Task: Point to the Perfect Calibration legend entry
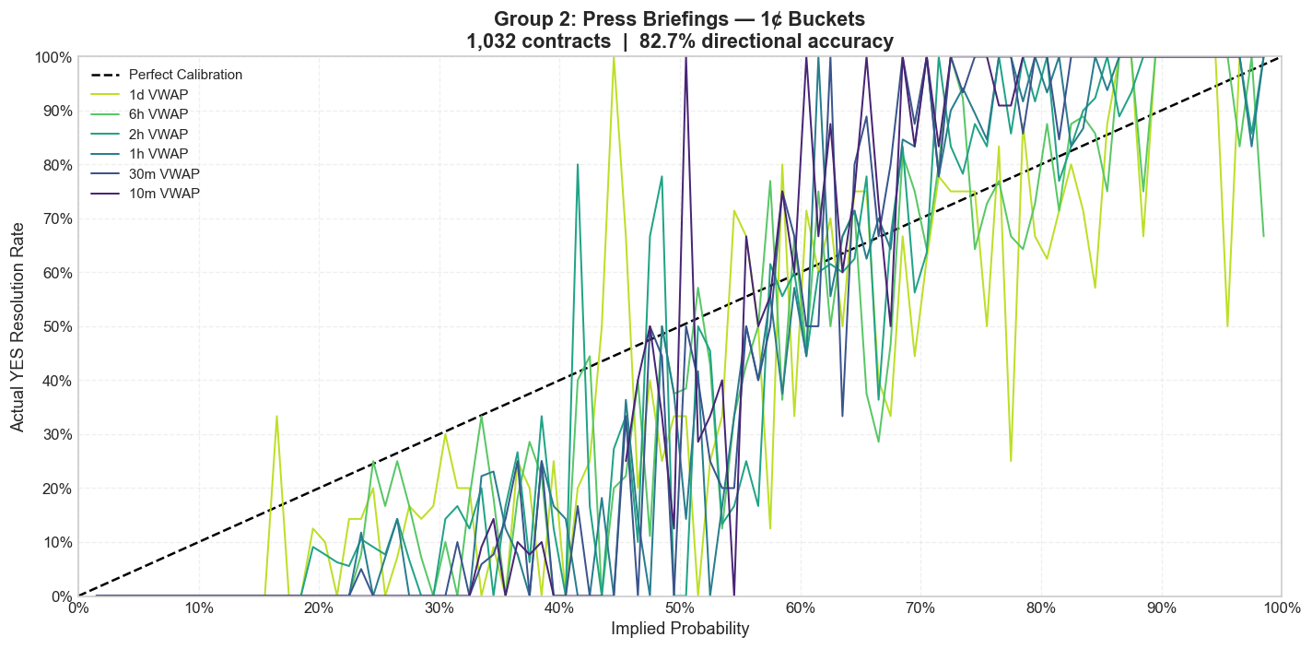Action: tap(185, 75)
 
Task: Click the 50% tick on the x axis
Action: tap(680, 608)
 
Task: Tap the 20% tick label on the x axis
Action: tap(319, 608)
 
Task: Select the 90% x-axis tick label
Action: tap(1161, 608)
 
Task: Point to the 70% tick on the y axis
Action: tap(53, 218)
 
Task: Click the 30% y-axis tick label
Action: tap(53, 434)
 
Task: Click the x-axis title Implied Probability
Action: tap(680, 630)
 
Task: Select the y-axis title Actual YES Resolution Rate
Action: tap(18, 326)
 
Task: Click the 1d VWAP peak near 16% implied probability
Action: tap(276, 416)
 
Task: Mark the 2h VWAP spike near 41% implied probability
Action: tap(578, 165)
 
